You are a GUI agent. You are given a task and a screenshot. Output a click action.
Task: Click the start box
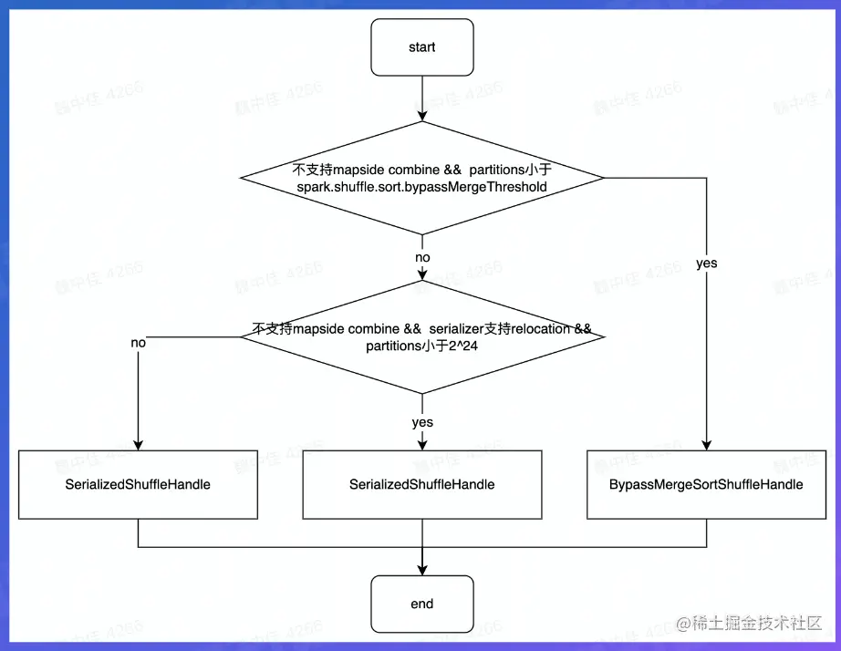421,47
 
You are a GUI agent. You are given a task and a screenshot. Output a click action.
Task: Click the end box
421,604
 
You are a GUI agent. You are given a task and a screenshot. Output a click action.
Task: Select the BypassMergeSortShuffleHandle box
706,484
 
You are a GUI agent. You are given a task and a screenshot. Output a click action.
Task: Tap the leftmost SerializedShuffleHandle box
138,484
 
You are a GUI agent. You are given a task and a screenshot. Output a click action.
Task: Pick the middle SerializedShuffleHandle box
421,484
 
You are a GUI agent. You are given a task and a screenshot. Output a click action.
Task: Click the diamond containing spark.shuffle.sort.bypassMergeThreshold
421,177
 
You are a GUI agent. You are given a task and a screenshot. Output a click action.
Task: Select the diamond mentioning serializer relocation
421,336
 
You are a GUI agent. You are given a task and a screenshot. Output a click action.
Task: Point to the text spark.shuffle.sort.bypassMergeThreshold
421,186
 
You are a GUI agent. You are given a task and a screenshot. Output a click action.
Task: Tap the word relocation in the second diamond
533,328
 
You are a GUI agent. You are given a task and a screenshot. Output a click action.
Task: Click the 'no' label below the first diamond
422,257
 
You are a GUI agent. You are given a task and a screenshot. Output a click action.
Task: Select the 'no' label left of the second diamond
138,344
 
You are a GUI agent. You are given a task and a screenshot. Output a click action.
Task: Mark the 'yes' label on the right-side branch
706,263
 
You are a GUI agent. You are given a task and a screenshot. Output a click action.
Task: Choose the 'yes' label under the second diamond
422,422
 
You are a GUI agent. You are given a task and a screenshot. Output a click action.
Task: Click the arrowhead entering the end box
422,569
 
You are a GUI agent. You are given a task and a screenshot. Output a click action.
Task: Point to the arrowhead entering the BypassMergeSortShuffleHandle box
706,444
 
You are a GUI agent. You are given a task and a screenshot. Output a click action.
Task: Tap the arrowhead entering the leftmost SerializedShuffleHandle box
138,444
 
